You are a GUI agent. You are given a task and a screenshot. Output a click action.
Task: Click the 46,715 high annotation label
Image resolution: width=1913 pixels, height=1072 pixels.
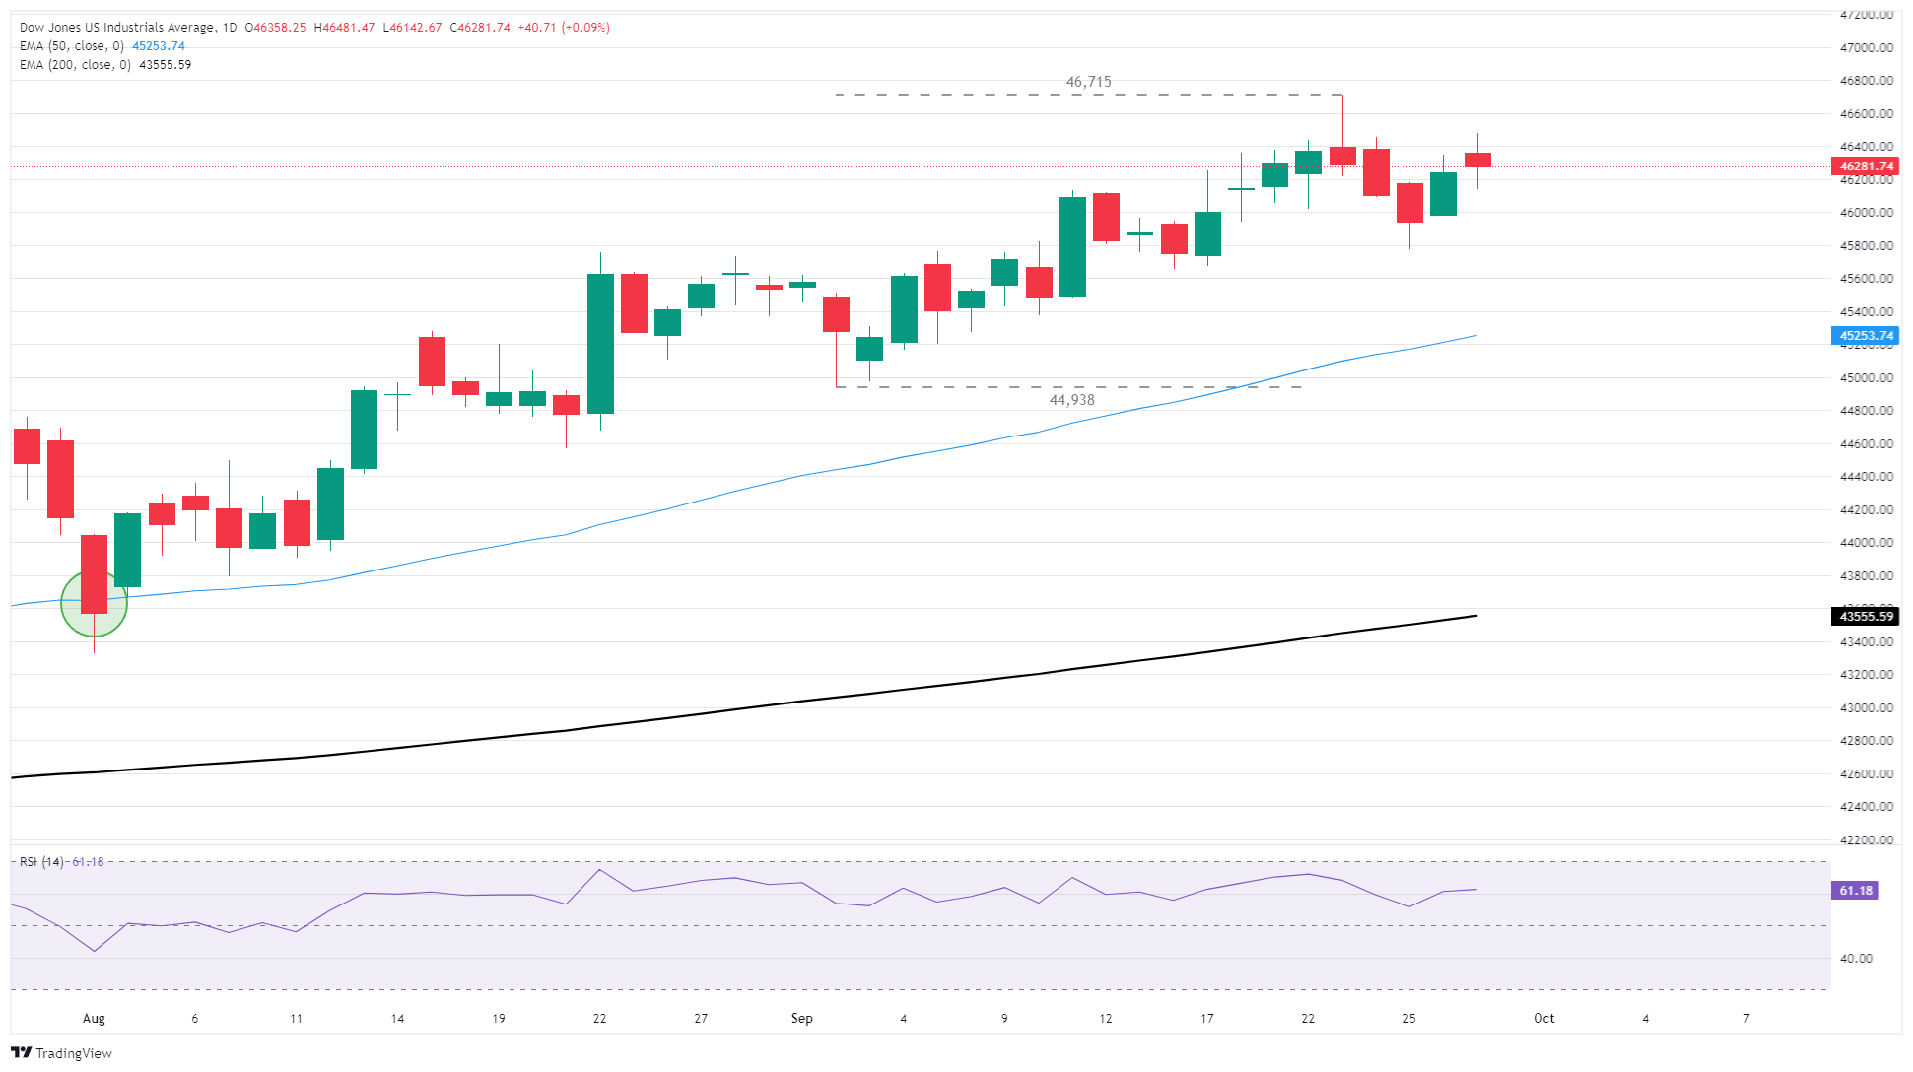[x=1088, y=82]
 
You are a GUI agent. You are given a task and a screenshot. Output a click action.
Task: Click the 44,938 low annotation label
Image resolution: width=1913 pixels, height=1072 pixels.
[x=1071, y=400]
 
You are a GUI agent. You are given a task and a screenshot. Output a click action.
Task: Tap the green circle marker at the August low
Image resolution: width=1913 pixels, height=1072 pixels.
[x=94, y=603]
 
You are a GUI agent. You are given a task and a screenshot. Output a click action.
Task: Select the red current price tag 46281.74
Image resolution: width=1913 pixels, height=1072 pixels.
[x=1866, y=167]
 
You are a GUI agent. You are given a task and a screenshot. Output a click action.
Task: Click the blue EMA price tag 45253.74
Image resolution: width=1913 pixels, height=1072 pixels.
[x=1866, y=336]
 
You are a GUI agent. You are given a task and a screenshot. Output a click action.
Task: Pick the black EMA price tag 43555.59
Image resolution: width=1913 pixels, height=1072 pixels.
[x=1866, y=617]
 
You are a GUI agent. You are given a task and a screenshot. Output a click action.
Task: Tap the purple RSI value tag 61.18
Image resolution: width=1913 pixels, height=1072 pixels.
[x=1855, y=891]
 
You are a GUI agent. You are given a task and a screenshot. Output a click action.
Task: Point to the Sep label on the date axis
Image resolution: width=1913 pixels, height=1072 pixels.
[x=801, y=1019]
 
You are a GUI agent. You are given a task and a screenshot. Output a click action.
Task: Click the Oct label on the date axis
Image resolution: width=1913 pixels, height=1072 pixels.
[x=1543, y=1019]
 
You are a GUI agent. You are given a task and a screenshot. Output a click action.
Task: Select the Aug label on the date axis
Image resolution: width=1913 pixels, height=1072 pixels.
[x=94, y=1019]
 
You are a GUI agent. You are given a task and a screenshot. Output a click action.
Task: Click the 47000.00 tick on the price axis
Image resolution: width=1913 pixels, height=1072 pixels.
[x=1866, y=47]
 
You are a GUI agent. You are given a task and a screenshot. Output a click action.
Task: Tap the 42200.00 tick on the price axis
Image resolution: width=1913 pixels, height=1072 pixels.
[x=1866, y=840]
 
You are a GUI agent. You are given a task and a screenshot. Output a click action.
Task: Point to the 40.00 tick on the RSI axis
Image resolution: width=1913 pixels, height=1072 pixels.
[x=1856, y=959]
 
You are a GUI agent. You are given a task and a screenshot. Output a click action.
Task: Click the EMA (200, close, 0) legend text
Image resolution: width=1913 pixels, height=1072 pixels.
[x=75, y=65]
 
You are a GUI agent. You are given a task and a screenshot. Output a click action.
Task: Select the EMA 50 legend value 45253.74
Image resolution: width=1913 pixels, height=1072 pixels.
[x=159, y=46]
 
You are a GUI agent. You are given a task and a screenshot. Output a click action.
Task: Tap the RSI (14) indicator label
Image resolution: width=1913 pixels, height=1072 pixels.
[x=41, y=862]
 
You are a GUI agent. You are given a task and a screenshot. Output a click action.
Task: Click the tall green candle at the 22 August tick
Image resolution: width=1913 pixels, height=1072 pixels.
[x=600, y=343]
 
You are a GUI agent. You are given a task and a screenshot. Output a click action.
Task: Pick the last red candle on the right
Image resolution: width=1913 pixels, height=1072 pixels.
[x=1477, y=160]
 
